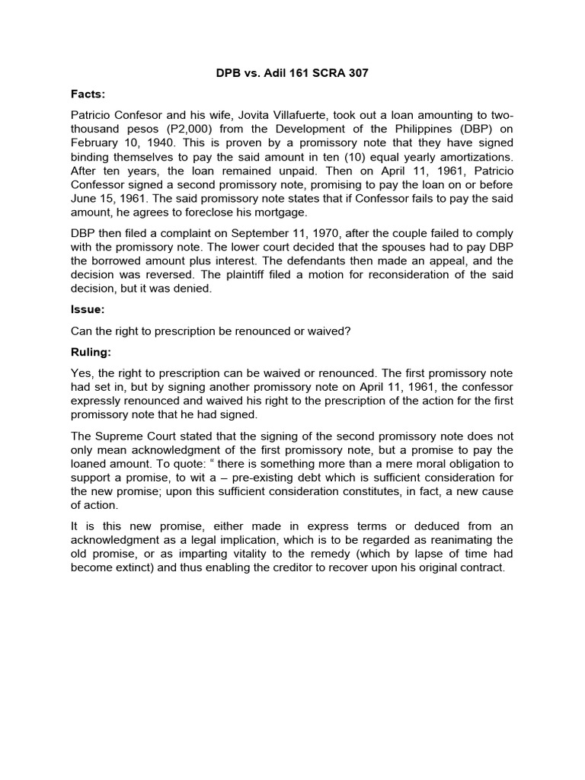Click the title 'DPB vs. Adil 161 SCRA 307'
[292, 73]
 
